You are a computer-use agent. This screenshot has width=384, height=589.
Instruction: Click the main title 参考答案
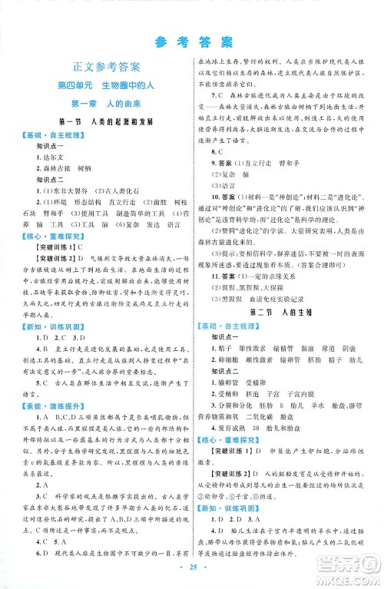191,39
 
